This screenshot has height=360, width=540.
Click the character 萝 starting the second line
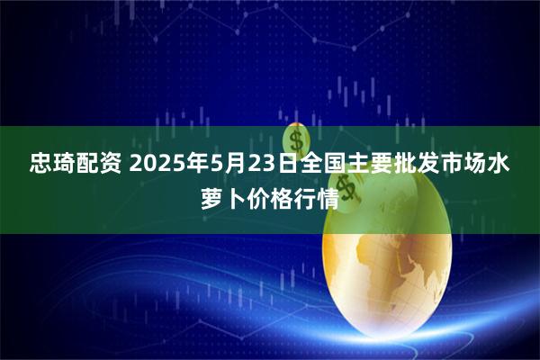click(209, 197)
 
